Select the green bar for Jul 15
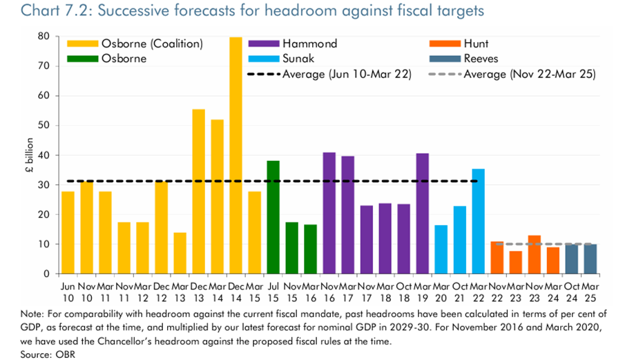[x=273, y=217]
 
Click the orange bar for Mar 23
[x=515, y=263]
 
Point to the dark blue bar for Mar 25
[x=590, y=259]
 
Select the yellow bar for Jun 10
[x=68, y=232]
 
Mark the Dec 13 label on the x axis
[x=198, y=291]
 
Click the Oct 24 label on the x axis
[x=571, y=291]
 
